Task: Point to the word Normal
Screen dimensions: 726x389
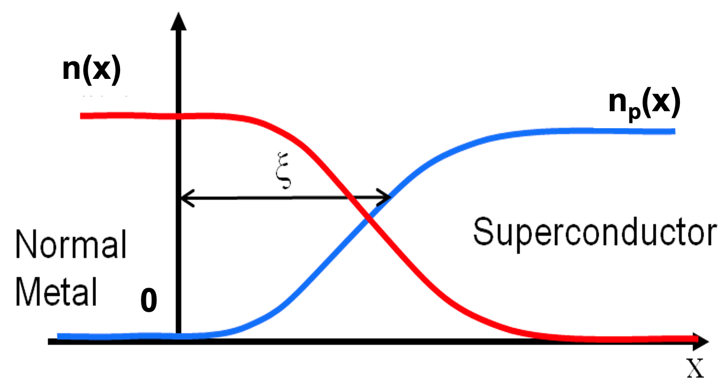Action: point(71,246)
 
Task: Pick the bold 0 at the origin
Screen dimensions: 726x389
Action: point(148,302)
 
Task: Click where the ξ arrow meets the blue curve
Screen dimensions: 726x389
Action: point(390,197)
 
